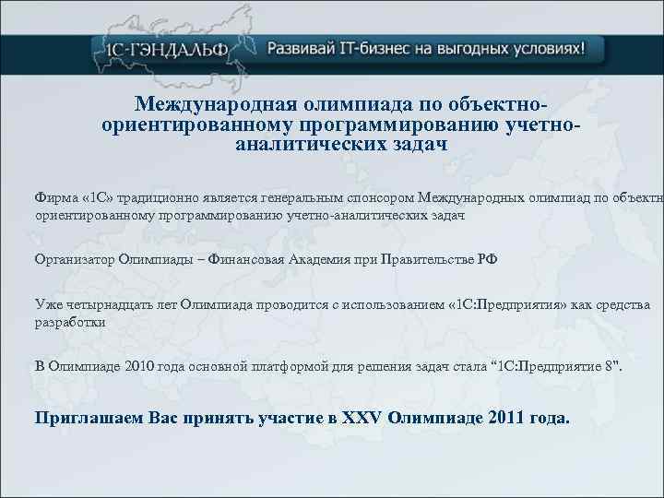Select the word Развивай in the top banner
pyautogui.click(x=298, y=48)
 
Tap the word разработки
pyautogui.click(x=70, y=323)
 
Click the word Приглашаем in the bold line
pyautogui.click(x=85, y=418)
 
